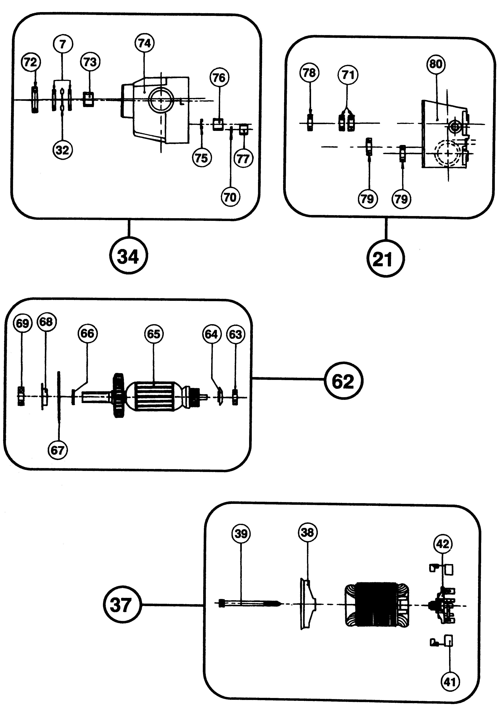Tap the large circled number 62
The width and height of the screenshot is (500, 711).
click(x=343, y=381)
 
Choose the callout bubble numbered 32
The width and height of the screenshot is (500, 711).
click(x=62, y=150)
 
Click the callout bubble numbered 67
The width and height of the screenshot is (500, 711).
click(x=58, y=450)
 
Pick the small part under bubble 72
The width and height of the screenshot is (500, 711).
click(x=35, y=100)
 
